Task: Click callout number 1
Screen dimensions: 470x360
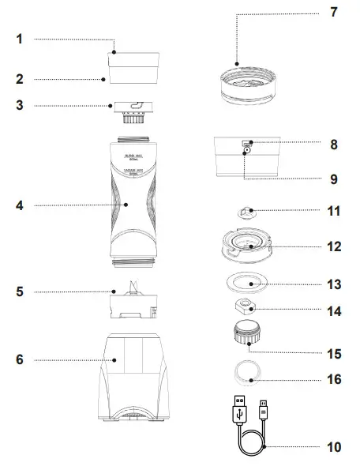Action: tap(20, 39)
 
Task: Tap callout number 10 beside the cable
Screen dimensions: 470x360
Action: tap(334, 447)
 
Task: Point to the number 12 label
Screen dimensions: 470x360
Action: tap(334, 246)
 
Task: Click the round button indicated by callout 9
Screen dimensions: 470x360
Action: tap(247, 149)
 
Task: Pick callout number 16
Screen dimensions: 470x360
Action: tap(334, 379)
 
